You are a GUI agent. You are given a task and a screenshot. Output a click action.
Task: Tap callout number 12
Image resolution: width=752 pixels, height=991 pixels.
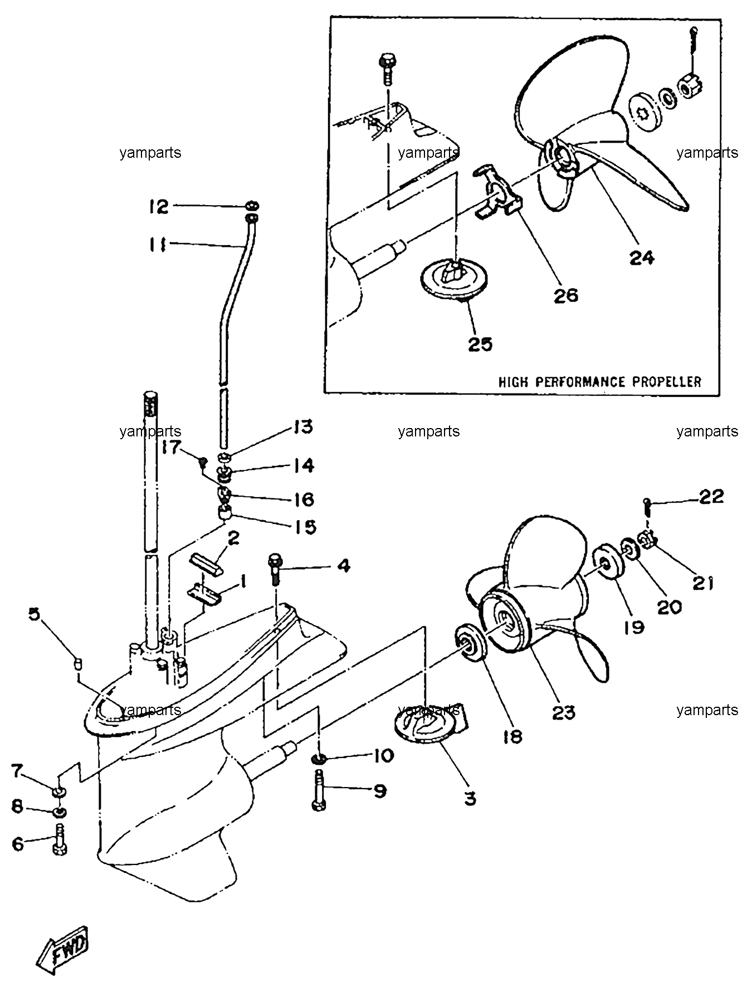[158, 207]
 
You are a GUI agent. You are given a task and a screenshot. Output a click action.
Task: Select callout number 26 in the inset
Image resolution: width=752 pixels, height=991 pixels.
[566, 295]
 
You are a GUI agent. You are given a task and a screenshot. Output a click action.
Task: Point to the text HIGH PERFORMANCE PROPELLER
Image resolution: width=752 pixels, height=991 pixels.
[600, 382]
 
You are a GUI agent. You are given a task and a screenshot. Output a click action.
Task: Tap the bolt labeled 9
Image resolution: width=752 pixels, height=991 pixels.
[319, 791]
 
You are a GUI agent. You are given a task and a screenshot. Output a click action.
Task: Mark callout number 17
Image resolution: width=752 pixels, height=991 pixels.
[172, 447]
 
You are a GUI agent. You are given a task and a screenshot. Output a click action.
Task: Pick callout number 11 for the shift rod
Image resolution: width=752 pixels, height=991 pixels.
[158, 245]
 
